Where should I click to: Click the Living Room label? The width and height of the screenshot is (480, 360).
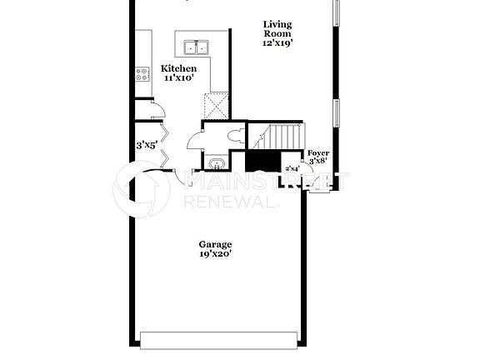tap(278, 30)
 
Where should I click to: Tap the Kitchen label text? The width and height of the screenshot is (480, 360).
tap(179, 68)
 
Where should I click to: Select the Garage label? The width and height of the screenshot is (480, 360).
tap(215, 245)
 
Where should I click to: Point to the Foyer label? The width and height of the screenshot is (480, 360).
tap(318, 153)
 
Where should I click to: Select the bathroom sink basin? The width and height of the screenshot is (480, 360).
tap(217, 163)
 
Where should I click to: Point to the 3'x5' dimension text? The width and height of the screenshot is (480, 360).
tap(148, 145)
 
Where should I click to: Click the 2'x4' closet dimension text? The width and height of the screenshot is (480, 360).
tap(292, 168)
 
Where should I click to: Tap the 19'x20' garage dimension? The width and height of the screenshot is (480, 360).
tap(215, 255)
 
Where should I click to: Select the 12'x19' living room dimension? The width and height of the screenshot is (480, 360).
tap(278, 42)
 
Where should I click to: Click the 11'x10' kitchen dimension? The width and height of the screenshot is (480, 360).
tap(179, 78)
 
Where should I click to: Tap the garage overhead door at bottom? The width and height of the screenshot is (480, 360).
tap(219, 340)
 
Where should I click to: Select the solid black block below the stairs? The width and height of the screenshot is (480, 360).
tap(264, 161)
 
